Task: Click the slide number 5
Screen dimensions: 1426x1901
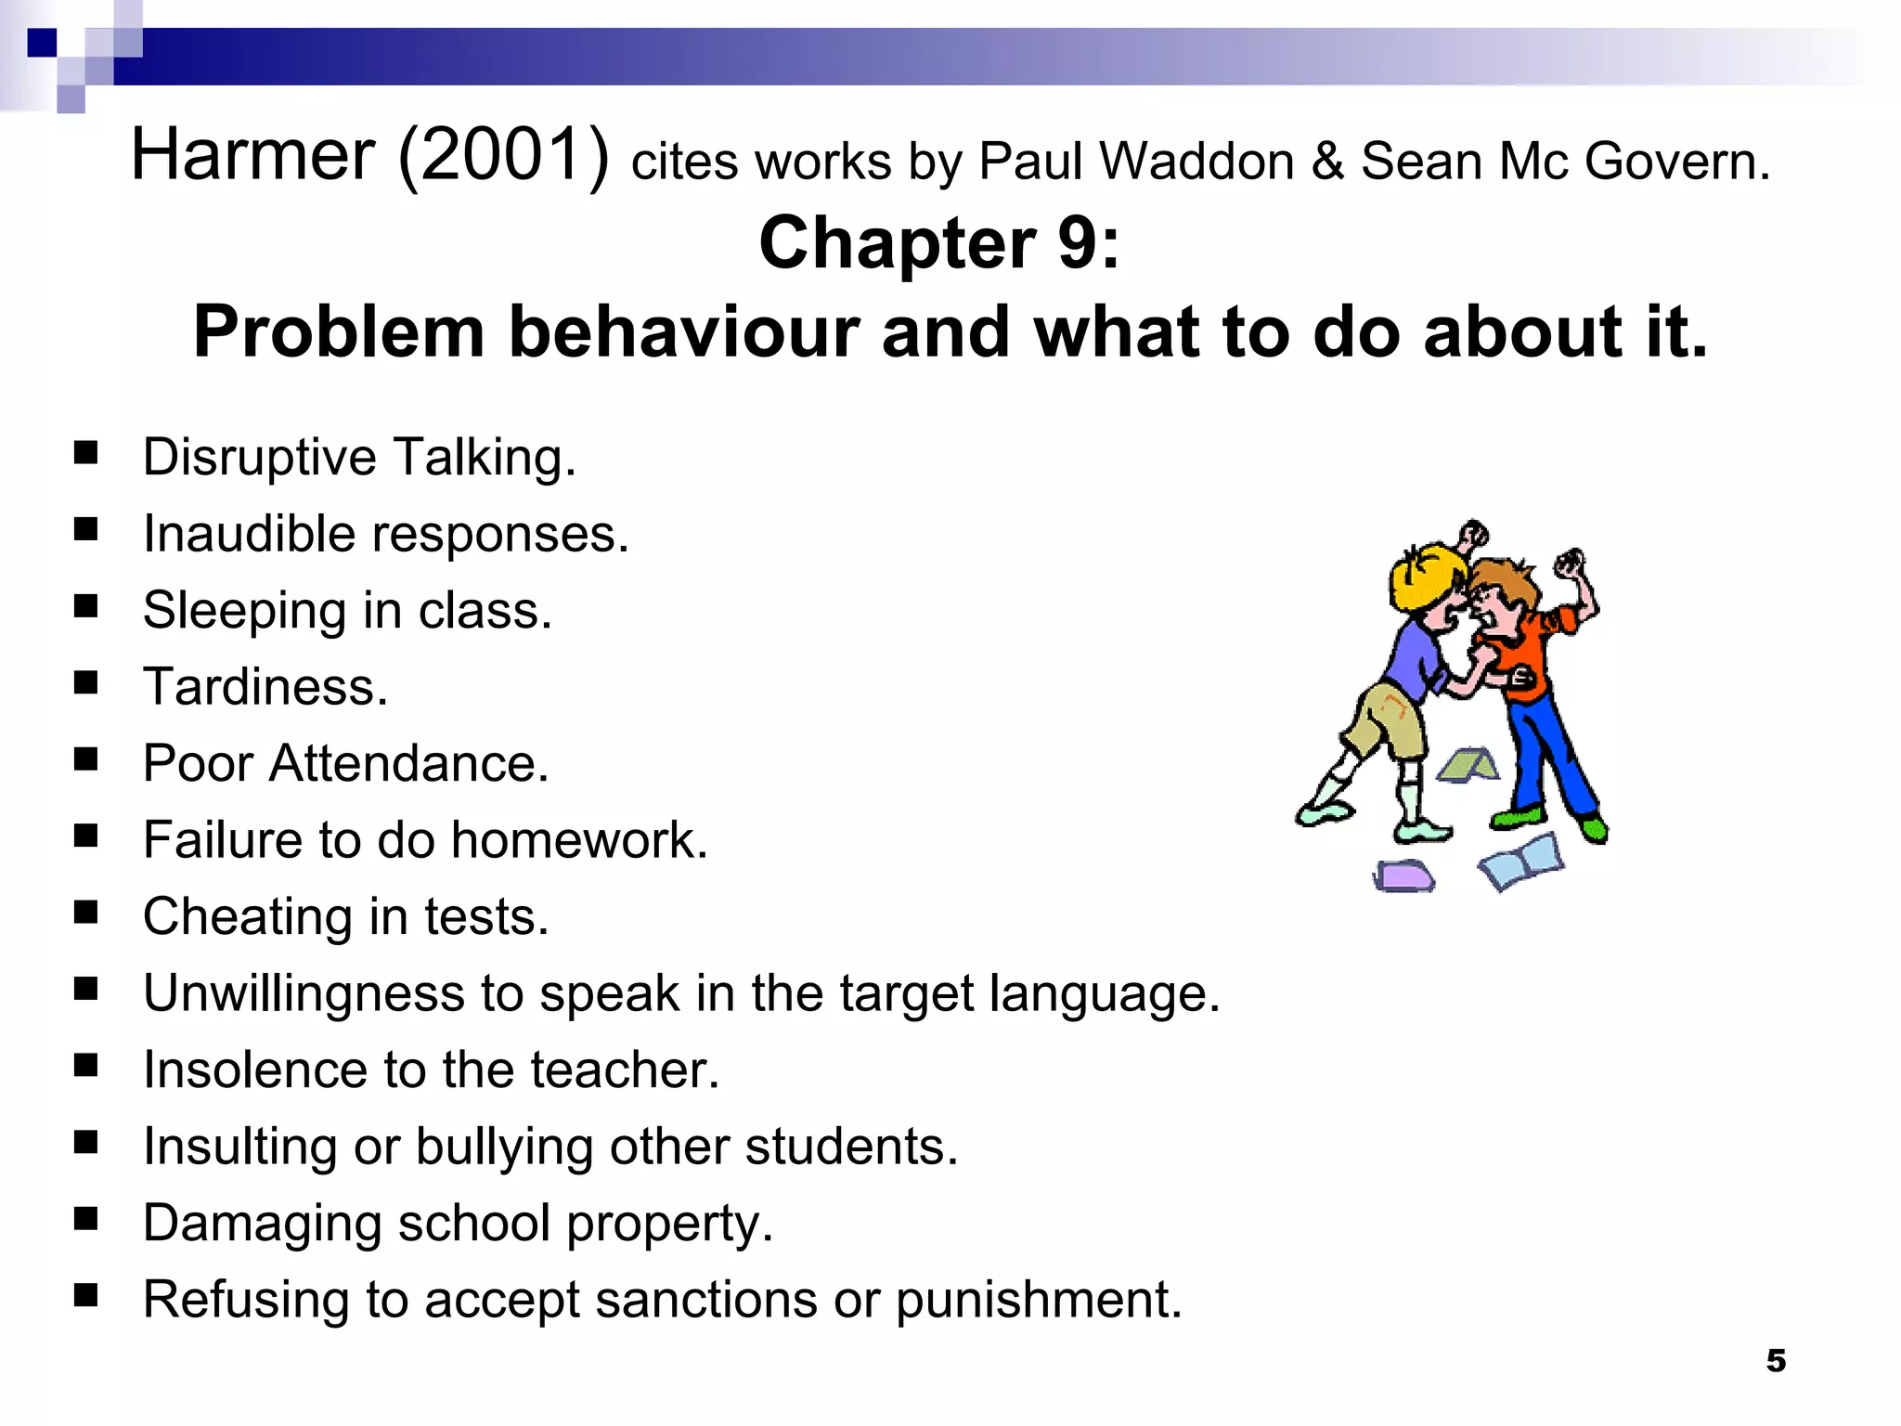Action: click(x=1776, y=1360)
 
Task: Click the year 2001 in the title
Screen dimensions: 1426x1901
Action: click(x=503, y=155)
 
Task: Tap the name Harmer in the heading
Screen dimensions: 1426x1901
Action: click(x=252, y=155)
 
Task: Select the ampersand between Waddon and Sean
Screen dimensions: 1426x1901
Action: click(x=1327, y=162)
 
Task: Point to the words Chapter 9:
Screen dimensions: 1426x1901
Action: click(x=939, y=242)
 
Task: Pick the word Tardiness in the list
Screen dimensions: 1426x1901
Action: click(x=265, y=687)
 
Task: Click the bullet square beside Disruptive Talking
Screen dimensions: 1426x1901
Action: click(x=86, y=453)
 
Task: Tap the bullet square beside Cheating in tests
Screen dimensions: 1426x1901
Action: click(x=86, y=913)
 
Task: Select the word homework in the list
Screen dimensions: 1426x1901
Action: click(x=578, y=840)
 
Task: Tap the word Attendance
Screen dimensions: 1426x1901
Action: click(x=408, y=764)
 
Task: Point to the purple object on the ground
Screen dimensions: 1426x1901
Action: click(x=1403, y=875)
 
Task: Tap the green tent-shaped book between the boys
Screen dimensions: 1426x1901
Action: click(x=1468, y=764)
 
